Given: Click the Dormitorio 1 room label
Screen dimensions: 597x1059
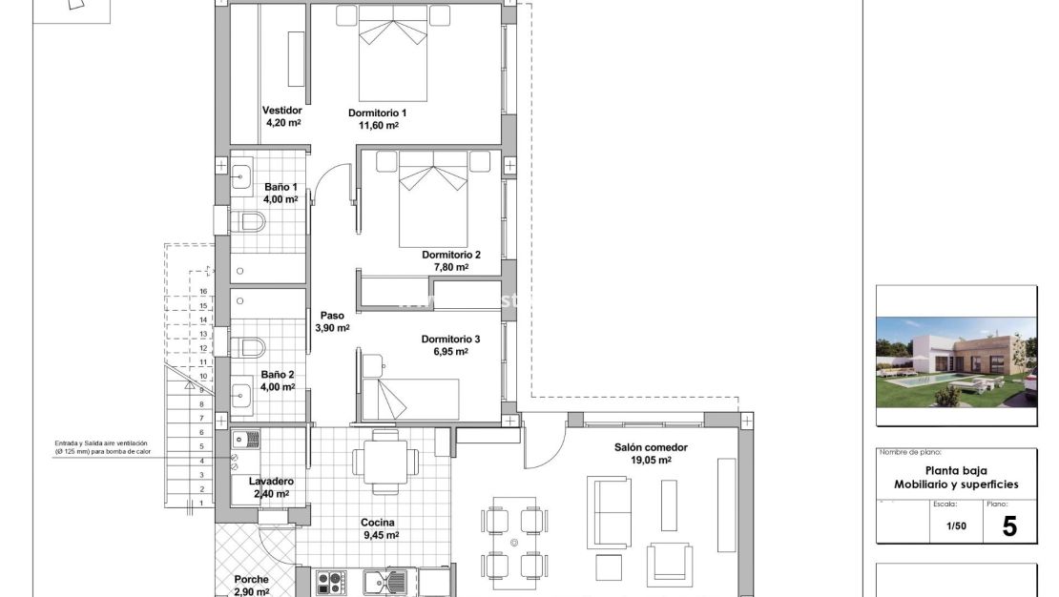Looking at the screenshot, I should (x=378, y=119).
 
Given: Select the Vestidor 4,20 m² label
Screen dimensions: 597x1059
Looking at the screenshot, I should (x=282, y=116).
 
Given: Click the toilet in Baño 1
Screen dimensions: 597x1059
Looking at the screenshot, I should (x=247, y=223).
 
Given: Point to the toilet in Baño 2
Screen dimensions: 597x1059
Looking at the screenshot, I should (x=247, y=345).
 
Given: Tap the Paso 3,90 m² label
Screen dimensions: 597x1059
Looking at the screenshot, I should (x=332, y=321).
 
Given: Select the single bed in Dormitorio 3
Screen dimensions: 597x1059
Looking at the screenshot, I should (x=410, y=399).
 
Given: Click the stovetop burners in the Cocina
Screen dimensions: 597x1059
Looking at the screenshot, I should (x=332, y=581).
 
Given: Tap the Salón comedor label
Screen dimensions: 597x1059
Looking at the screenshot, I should (x=651, y=453).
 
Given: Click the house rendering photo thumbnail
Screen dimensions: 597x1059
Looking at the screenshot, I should (x=956, y=361).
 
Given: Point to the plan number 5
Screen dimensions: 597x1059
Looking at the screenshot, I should (x=1009, y=526).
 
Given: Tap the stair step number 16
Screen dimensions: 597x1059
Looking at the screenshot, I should (x=203, y=292).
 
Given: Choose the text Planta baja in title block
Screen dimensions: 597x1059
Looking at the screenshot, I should (x=956, y=470).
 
